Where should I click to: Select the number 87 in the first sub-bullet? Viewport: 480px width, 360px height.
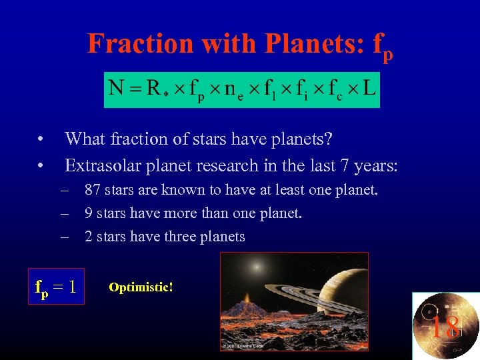pos(93,190)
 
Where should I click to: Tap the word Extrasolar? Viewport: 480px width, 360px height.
pos(101,165)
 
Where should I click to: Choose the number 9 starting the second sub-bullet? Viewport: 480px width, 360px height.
pos(89,213)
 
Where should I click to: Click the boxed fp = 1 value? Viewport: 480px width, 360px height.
pos(56,287)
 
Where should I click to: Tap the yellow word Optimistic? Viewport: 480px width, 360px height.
pos(141,287)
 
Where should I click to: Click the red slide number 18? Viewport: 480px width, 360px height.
pos(445,327)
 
